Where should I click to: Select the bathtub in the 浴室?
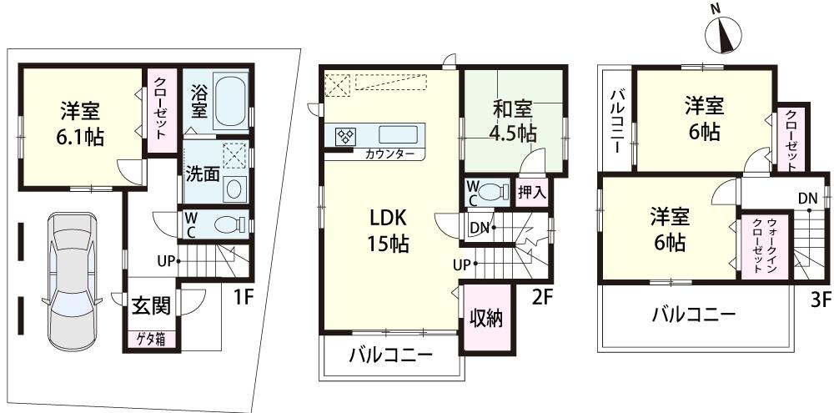click(x=230, y=101)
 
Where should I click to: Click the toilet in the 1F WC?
click(x=225, y=224)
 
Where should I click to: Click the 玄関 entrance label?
click(x=151, y=305)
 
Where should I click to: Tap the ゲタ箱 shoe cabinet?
click(x=151, y=340)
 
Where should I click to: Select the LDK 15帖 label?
click(x=388, y=231)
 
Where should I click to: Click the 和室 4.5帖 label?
click(x=512, y=120)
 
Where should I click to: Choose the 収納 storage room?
click(x=485, y=318)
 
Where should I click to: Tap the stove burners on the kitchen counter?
click(x=346, y=135)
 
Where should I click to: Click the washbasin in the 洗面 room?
click(x=234, y=187)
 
